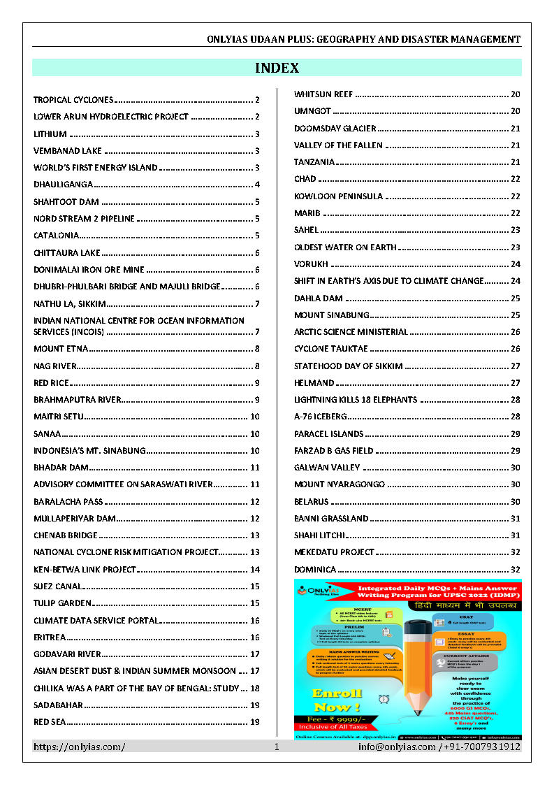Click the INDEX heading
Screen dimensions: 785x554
[x=277, y=68]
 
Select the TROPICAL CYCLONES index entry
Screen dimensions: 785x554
[x=73, y=100]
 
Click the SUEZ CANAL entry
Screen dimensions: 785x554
[x=58, y=586]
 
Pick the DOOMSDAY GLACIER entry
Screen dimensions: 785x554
[x=335, y=128]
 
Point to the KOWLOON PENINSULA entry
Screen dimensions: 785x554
[x=339, y=196]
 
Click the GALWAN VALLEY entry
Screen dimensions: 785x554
[x=327, y=468]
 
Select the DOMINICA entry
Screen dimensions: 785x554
[x=315, y=570]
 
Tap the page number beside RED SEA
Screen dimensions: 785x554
[x=255, y=722]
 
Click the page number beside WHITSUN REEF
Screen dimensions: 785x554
[x=516, y=94]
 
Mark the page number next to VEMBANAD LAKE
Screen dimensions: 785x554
[x=257, y=151]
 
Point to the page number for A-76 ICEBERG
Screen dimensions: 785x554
[x=516, y=417]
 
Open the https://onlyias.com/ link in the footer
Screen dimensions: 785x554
[x=80, y=747]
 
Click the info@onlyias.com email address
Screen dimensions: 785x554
[x=397, y=747]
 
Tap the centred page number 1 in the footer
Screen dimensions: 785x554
[x=277, y=747]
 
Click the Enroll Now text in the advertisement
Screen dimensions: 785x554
[x=337, y=700]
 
